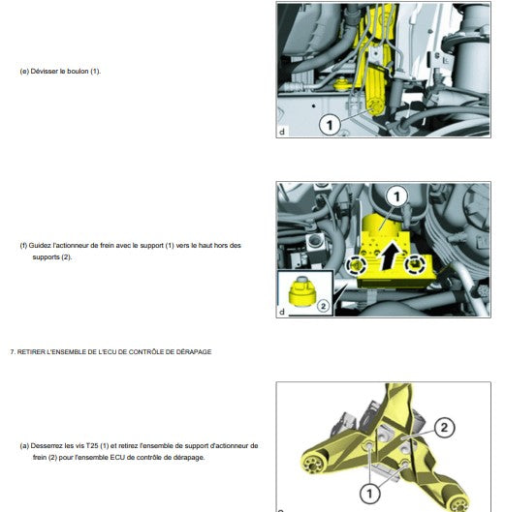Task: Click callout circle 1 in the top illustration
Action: click(330, 125)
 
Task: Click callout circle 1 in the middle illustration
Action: click(396, 196)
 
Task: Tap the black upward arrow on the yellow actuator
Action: click(390, 256)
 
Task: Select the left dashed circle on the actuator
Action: click(356, 265)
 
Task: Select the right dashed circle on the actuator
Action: click(415, 263)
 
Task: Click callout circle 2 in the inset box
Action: click(323, 306)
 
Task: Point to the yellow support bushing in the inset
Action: click(301, 291)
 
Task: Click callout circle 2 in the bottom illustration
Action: click(444, 428)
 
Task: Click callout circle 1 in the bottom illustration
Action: click(370, 494)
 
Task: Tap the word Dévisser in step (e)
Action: click(45, 72)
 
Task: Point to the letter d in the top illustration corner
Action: click(282, 132)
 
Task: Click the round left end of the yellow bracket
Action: click(311, 463)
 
